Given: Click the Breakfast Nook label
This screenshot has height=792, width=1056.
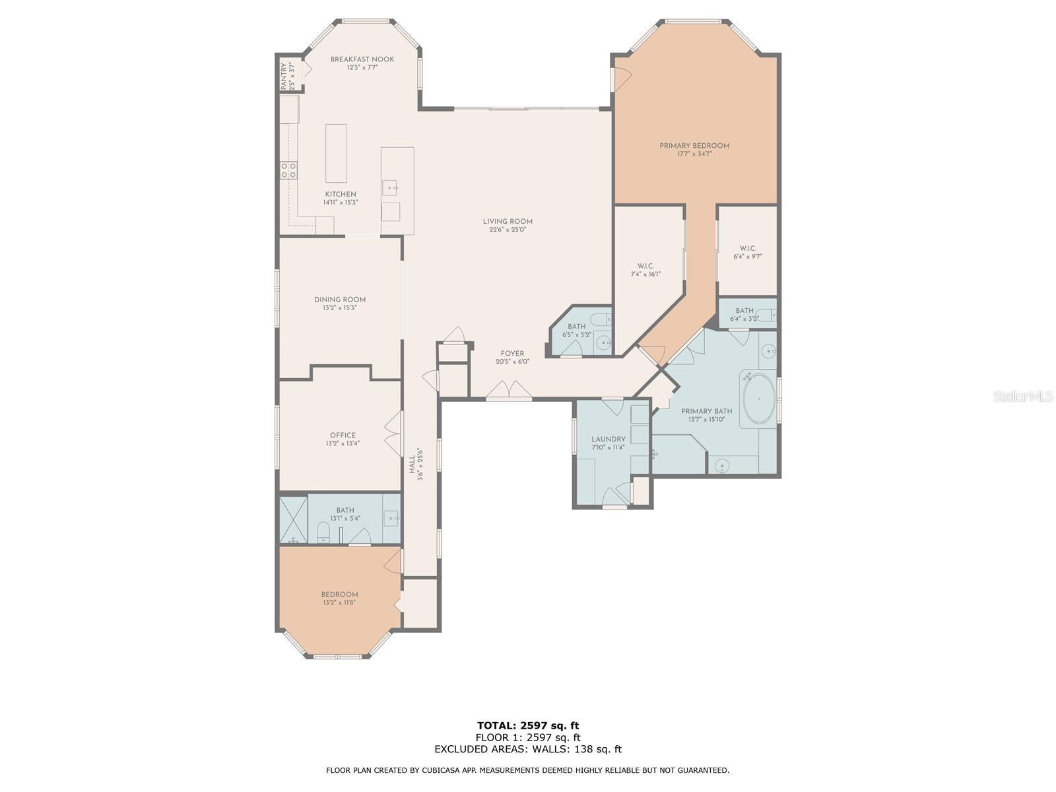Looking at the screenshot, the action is coord(362,59).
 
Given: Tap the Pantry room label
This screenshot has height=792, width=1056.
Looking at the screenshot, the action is coord(283,76).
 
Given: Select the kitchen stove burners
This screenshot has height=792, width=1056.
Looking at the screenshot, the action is coord(288,170).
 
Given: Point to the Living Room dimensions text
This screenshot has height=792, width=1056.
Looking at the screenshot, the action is coord(508,230).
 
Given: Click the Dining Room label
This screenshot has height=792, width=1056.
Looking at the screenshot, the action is coord(340,300).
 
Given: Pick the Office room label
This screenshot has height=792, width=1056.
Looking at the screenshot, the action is coord(343,435).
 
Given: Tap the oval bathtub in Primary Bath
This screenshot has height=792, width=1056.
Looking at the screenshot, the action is coord(759,399).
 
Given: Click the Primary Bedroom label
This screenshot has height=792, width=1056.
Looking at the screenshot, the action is coord(694,146).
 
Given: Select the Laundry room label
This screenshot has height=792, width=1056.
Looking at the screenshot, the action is coord(608,439).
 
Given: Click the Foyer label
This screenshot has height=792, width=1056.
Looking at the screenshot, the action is coord(512,354).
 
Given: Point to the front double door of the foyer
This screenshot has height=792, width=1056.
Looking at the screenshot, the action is coord(508,390).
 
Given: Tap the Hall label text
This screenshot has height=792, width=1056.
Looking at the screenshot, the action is coord(412,465).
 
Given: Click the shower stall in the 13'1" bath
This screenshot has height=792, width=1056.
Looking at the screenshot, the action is coord(294,519).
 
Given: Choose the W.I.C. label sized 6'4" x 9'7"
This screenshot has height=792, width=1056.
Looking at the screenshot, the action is coord(748,249).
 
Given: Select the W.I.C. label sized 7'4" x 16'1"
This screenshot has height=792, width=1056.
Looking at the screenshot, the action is coord(645,267).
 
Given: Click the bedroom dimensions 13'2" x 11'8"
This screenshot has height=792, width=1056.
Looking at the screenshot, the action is coord(339,603).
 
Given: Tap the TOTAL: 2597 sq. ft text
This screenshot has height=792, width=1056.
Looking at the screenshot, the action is coord(528,725).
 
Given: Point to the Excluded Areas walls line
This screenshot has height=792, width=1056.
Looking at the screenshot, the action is coord(528,748).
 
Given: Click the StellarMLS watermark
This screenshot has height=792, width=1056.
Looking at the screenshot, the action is coord(1023,396).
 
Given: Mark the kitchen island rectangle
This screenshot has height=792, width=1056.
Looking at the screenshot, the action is coord(336,153).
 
